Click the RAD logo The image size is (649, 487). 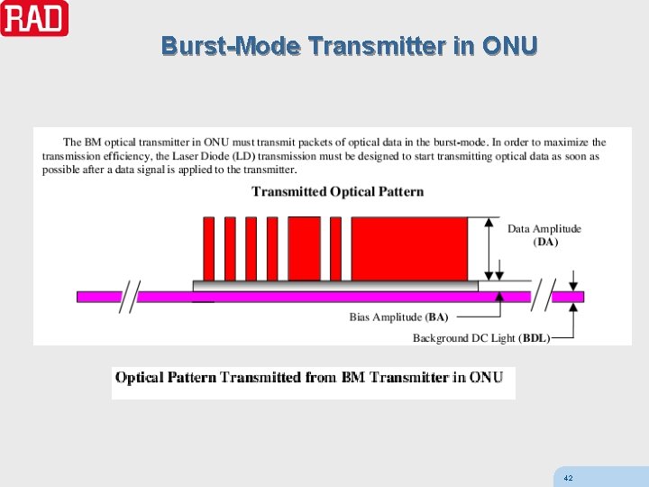coord(34,18)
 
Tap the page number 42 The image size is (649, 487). coord(567,477)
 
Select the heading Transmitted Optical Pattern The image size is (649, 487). coord(337,191)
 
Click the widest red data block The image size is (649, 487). coord(408,249)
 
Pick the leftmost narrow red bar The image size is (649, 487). coord(208,249)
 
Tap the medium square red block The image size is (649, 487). coord(303,249)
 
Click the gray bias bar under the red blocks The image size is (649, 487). coord(335,286)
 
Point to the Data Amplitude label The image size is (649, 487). coord(544,228)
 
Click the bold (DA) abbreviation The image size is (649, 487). coord(545,242)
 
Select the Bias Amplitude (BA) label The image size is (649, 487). coord(398,317)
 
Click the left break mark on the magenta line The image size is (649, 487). coord(131,296)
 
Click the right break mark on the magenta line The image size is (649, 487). coord(543,295)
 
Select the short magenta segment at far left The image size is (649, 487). coord(99,296)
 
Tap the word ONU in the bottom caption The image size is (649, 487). coord(486,378)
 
